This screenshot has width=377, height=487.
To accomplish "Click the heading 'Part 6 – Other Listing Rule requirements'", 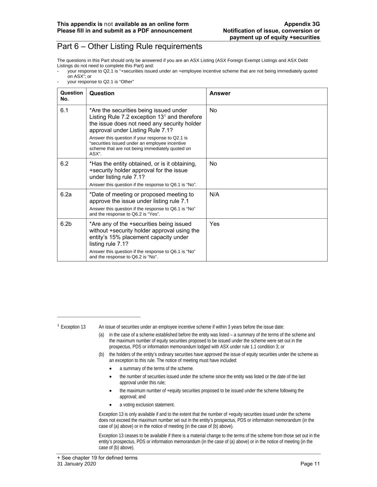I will click(x=129, y=47).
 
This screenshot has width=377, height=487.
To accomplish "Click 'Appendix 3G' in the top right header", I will click(x=302, y=24).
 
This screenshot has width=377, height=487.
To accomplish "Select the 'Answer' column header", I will click(x=220, y=93).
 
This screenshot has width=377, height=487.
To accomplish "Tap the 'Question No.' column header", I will click(x=71, y=96).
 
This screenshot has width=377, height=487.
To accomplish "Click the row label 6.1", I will click(x=64, y=111).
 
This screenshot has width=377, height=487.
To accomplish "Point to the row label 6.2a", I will click(x=66, y=195).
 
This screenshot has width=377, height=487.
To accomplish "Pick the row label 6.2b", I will click(x=66, y=224).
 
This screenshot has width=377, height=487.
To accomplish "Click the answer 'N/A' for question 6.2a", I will click(x=214, y=195).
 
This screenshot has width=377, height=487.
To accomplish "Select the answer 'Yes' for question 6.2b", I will click(x=214, y=224).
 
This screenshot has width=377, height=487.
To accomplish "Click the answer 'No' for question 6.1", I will click(x=213, y=111).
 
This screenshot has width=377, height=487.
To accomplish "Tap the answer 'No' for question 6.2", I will click(x=213, y=164).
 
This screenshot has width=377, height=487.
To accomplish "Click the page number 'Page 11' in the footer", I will click(x=310, y=464).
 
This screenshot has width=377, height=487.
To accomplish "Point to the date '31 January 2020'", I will click(x=76, y=464).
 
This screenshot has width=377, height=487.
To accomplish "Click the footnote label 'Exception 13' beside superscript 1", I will click(x=73, y=327).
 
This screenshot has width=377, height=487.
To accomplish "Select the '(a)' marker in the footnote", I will click(x=101, y=335).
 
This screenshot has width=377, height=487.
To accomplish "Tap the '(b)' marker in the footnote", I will click(x=101, y=355).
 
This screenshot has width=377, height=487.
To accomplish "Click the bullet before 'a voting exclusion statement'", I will click(x=112, y=405).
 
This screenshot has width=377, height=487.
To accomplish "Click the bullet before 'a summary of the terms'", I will click(x=112, y=369).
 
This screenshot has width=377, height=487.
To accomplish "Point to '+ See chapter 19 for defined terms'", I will click(x=97, y=458).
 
